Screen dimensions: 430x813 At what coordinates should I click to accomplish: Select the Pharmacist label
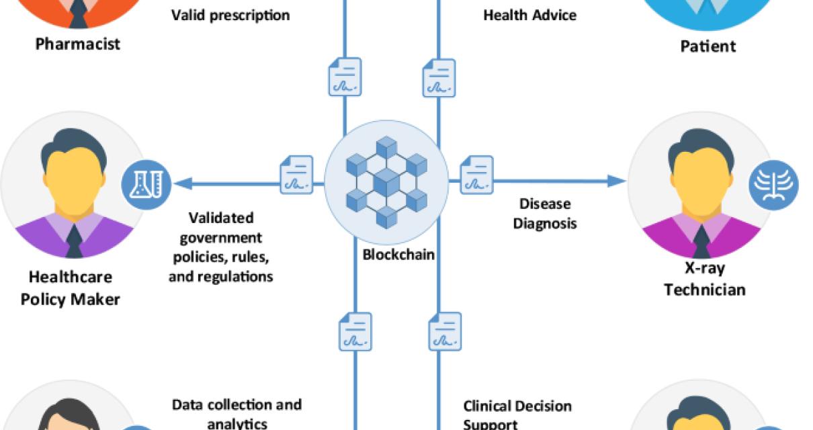(x=77, y=44)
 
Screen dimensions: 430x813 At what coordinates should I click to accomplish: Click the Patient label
(x=708, y=46)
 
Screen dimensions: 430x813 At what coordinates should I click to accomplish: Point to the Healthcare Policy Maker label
(x=70, y=288)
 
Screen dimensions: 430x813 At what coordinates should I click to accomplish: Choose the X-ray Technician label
(x=704, y=279)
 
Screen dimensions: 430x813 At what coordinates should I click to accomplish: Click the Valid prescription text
(x=230, y=14)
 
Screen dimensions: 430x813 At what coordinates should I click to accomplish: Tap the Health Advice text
(x=529, y=14)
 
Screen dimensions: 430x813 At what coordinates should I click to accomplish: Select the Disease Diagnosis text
(x=544, y=213)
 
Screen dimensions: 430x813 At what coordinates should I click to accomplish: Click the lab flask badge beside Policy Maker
(x=146, y=183)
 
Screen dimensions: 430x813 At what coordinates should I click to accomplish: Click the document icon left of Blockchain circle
(x=296, y=175)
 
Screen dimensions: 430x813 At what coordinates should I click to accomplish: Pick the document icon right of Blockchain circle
(x=476, y=175)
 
